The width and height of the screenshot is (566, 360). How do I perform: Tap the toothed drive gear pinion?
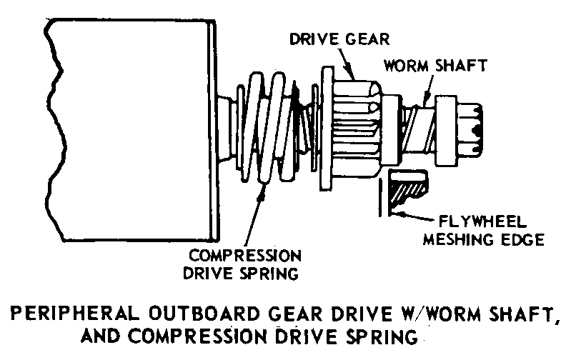(357, 125)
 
